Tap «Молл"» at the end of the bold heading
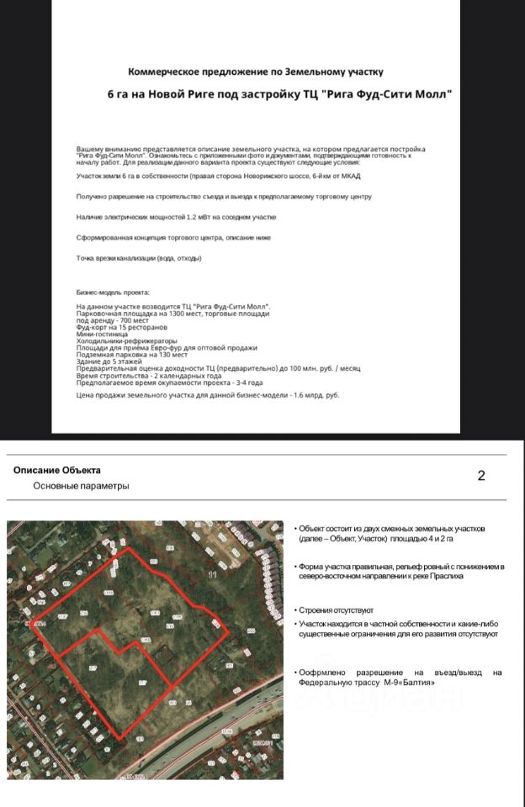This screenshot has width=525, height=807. pyautogui.click(x=432, y=95)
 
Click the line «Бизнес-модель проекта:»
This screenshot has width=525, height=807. pyautogui.click(x=113, y=293)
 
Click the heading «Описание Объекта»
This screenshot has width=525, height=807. pyautogui.click(x=57, y=470)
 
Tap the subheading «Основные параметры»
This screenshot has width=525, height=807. pyautogui.click(x=81, y=486)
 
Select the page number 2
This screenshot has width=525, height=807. pyautogui.click(x=481, y=476)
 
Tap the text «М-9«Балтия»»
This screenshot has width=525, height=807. pyautogui.click(x=409, y=682)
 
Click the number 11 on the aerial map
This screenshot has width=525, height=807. pyautogui.click(x=212, y=575)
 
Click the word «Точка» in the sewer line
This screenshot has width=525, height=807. pyautogui.click(x=86, y=258)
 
